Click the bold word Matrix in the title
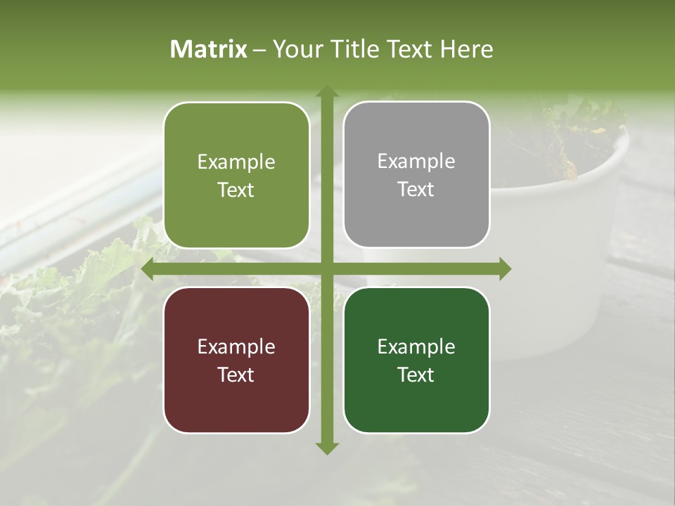pos(209,49)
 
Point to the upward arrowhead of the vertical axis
pos(326,91)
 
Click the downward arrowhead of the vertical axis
pos(326,448)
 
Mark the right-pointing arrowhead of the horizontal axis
pos(505,269)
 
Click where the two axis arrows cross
pos(326,269)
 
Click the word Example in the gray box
pos(416,162)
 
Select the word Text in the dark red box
pos(236,375)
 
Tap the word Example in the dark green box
pos(416,346)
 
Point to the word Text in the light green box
pos(236,190)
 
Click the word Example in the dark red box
pos(236,346)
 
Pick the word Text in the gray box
pos(416,190)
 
